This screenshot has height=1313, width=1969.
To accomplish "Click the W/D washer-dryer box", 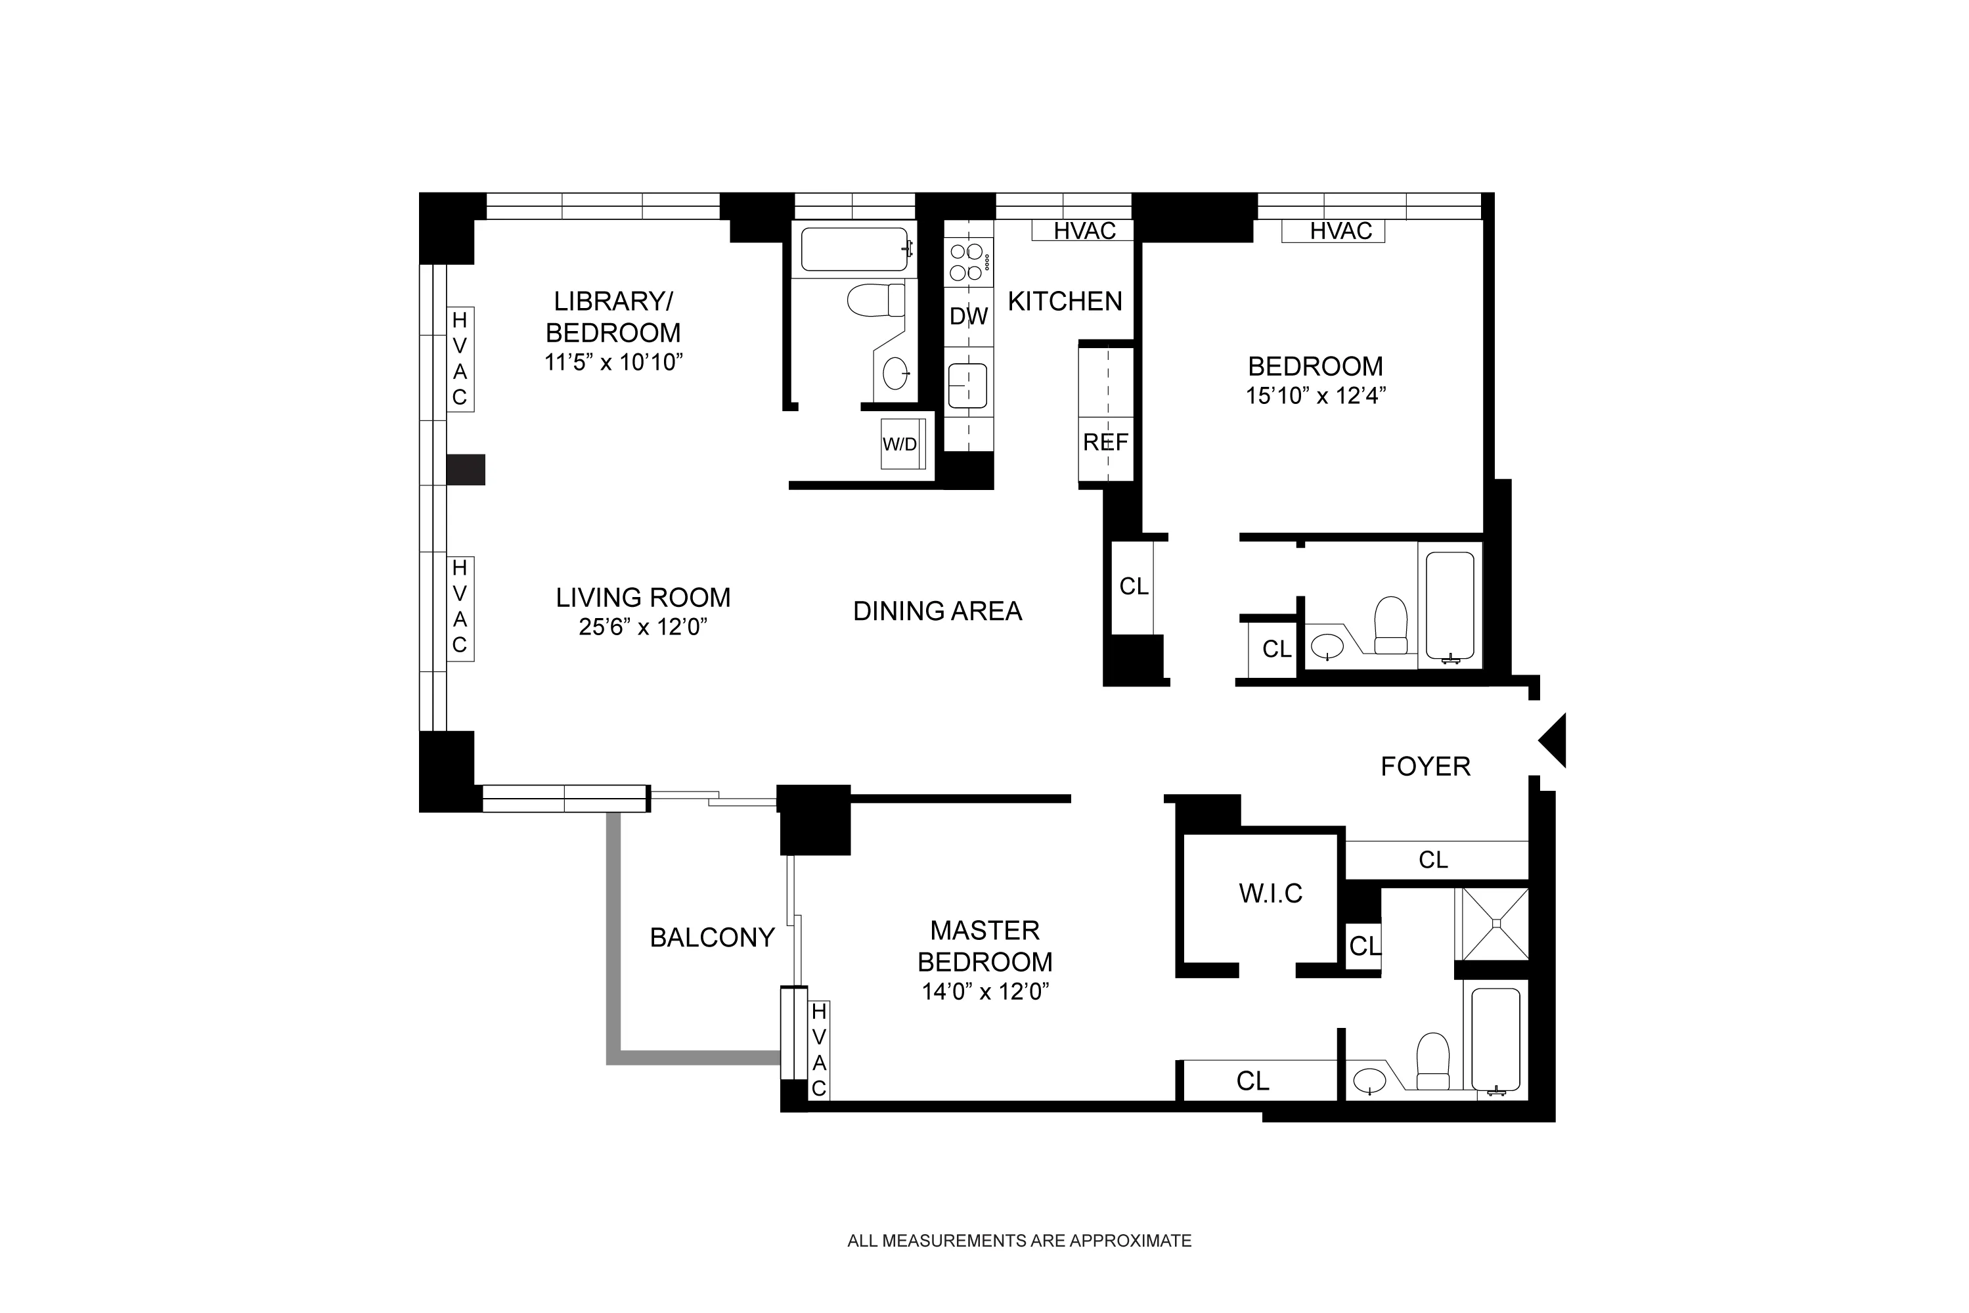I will point(901,444).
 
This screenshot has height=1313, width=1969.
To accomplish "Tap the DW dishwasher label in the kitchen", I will point(969,317).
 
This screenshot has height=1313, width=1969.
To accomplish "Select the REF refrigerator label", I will point(1105,442).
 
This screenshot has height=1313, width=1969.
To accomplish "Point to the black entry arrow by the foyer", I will point(1554,740).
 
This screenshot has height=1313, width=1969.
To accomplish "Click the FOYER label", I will point(1425,767).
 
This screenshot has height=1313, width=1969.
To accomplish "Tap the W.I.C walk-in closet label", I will point(1270,893).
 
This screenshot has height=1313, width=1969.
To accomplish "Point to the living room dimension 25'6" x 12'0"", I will point(643,627).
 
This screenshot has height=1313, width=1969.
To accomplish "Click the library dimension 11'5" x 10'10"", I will point(613,363).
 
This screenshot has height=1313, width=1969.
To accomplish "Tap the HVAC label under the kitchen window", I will point(1084,231).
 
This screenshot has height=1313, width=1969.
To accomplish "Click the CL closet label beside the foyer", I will point(1432,860).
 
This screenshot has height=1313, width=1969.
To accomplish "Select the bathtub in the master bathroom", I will point(1495,1042).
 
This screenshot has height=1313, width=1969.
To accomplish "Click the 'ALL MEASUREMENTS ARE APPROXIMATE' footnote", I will point(1019,1241).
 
